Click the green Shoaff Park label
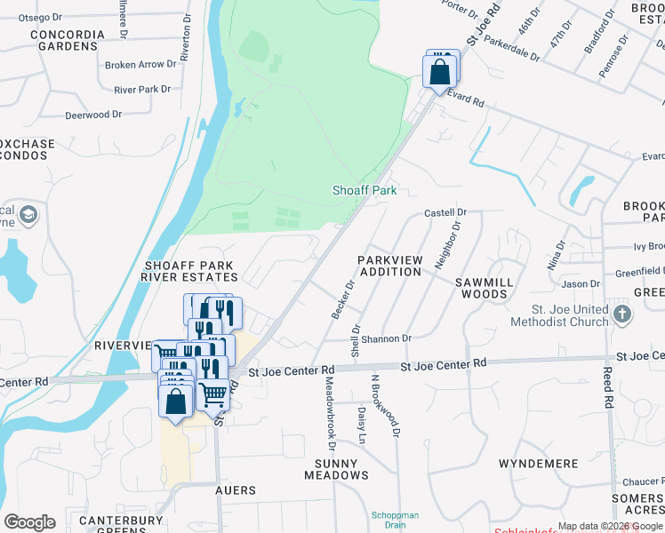click(x=364, y=190)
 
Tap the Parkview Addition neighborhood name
click(x=389, y=266)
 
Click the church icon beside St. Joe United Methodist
click(x=622, y=314)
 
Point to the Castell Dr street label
click(x=445, y=213)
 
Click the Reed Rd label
click(x=608, y=388)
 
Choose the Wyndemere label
click(x=539, y=464)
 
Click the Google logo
click(x=29, y=522)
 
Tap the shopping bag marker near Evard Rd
click(x=440, y=72)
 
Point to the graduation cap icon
click(x=28, y=215)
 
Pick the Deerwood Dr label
click(x=93, y=115)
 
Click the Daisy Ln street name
click(x=362, y=426)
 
